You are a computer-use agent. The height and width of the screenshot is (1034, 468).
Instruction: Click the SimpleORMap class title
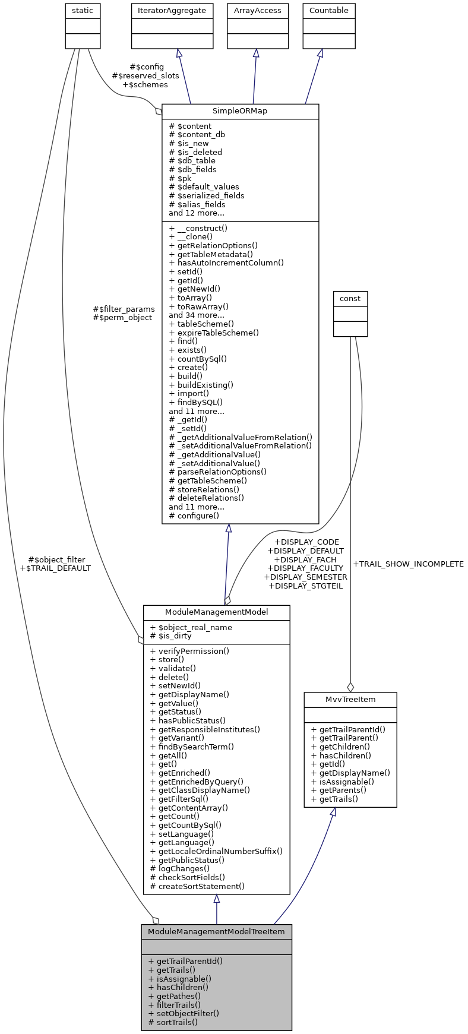(x=240, y=111)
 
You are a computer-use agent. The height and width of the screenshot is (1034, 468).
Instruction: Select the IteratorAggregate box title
(x=172, y=11)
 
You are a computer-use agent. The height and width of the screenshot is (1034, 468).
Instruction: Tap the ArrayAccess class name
(x=257, y=11)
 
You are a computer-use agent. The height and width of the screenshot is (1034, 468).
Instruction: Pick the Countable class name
(x=328, y=11)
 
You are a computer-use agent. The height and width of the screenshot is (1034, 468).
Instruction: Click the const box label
(x=350, y=298)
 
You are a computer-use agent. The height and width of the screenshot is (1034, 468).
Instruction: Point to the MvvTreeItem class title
(x=350, y=699)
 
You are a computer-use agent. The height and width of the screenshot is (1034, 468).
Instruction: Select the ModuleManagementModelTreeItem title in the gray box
(x=216, y=931)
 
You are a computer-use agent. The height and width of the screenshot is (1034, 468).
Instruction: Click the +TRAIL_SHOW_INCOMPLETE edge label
(x=408, y=564)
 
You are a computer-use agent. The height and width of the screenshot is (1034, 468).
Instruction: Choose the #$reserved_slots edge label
(x=146, y=75)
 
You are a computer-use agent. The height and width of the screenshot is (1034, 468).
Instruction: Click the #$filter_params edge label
(x=124, y=309)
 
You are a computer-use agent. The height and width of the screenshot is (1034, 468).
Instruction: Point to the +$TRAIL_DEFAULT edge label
(x=55, y=568)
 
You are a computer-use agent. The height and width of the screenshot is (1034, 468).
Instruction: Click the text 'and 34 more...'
(x=197, y=315)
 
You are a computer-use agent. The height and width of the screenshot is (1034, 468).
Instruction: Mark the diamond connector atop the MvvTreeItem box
(x=350, y=687)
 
